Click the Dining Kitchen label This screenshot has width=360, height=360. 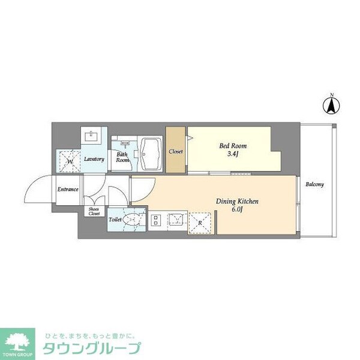[x=237, y=202]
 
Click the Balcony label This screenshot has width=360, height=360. [x=314, y=184]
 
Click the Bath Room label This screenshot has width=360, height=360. [x=122, y=157]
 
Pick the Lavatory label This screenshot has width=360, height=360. [x=94, y=159]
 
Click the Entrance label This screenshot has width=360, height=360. [x=68, y=190]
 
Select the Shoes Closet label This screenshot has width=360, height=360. [x=94, y=211]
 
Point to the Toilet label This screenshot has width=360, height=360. [x=115, y=220]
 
